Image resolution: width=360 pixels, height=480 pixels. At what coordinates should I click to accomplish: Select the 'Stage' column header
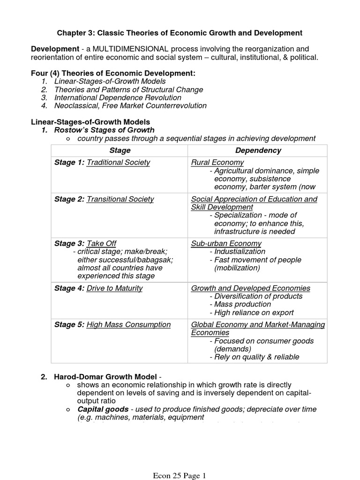[120, 150]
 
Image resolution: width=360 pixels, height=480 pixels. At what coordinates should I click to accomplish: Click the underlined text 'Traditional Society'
[119, 163]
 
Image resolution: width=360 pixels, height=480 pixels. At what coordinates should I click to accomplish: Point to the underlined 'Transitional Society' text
[120, 199]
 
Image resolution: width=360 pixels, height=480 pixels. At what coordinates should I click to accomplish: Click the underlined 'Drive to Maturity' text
[115, 288]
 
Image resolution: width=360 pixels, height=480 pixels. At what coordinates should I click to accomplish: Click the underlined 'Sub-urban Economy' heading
[226, 243]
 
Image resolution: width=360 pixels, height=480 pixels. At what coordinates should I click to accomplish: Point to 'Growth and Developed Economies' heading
[250, 288]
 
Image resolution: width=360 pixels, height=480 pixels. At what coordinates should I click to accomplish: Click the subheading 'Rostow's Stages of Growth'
[104, 130]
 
